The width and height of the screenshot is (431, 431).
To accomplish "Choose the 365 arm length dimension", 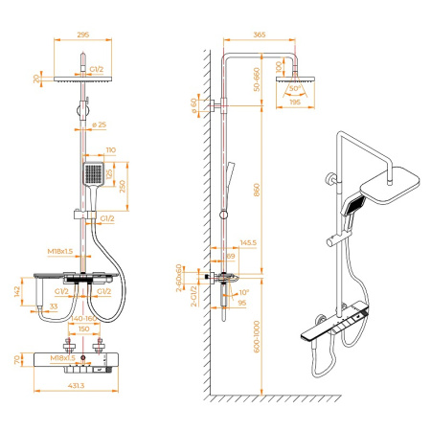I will pos(259,34).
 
